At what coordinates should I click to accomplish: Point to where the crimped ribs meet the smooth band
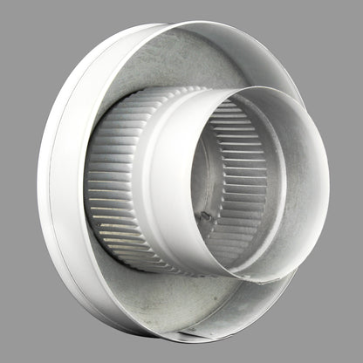(150, 175)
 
